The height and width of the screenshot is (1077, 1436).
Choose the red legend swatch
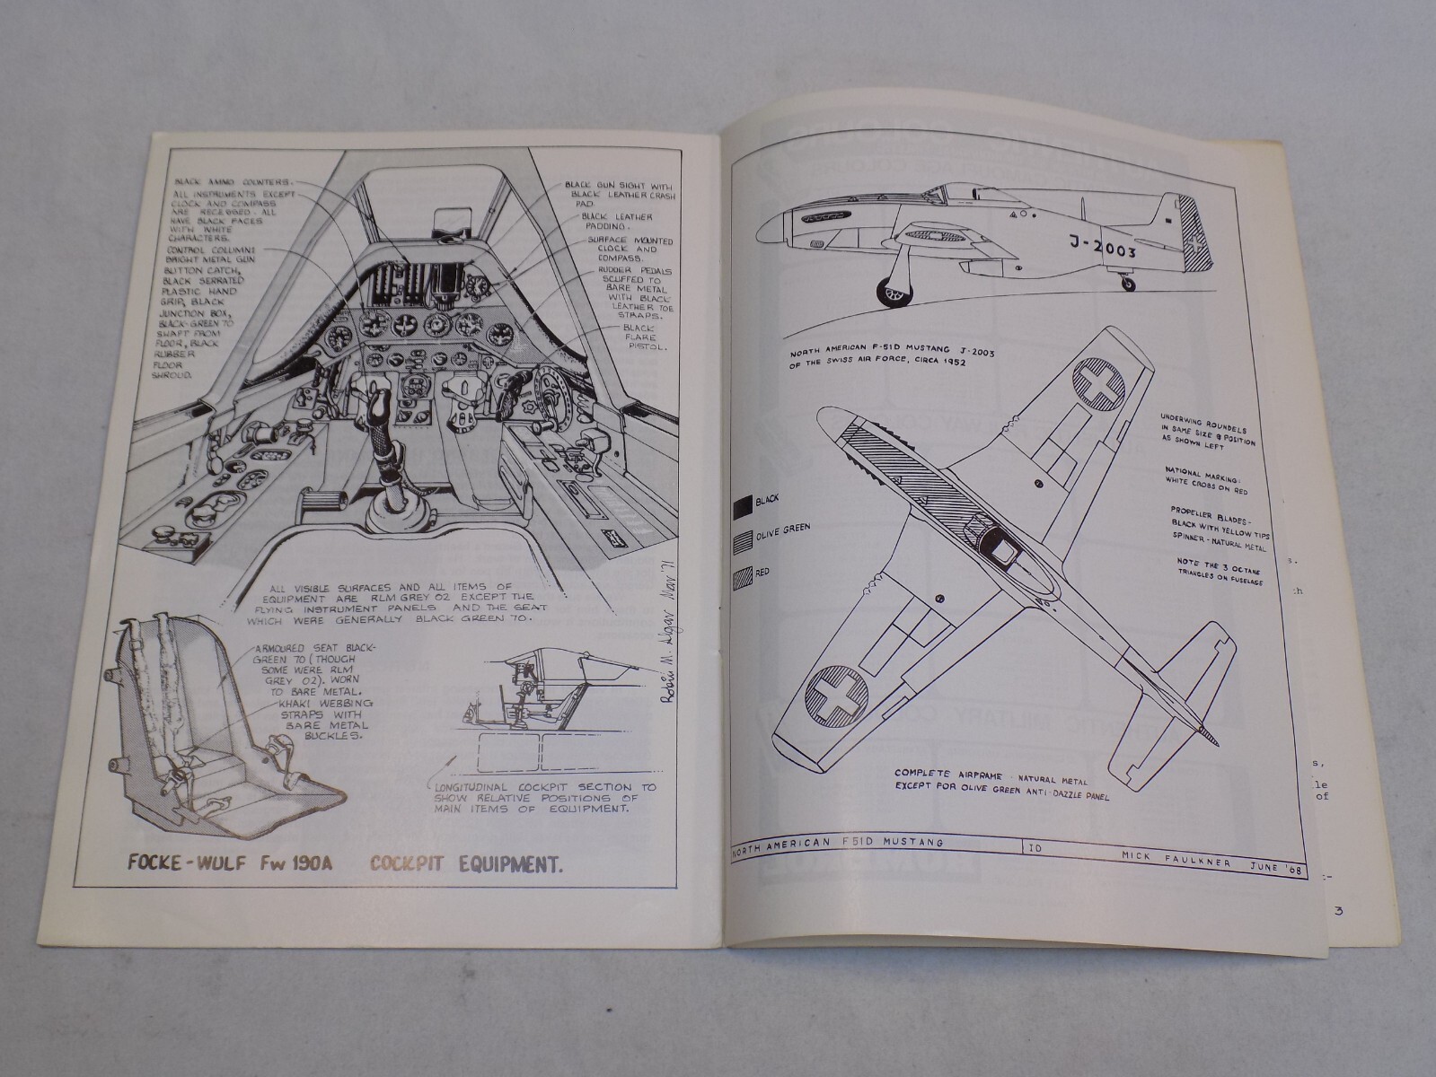click(x=744, y=573)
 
